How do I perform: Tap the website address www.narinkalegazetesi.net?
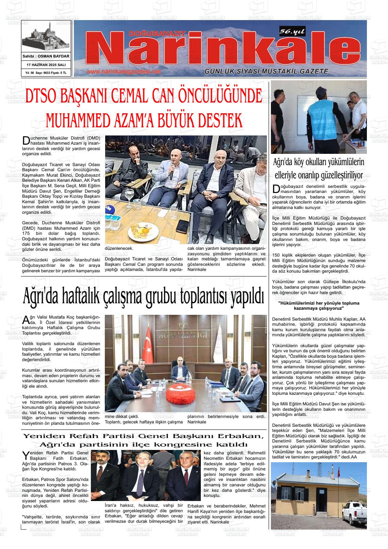pos(123,72)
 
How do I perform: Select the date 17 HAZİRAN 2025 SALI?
pos(46,65)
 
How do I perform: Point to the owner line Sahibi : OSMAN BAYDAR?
pos(46,56)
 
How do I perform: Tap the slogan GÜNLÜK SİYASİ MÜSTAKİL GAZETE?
pos(266,71)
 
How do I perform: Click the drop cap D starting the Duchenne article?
pos(25,141)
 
